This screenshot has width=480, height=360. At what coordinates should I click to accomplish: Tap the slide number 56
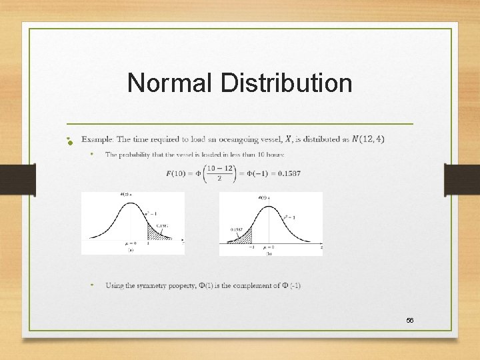click(410, 321)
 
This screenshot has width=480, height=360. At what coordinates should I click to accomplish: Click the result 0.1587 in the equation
click(287, 173)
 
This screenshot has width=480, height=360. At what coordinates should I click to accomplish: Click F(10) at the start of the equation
click(177, 173)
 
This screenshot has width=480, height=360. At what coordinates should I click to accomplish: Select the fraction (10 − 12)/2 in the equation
click(220, 173)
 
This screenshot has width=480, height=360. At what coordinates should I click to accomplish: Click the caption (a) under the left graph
click(129, 251)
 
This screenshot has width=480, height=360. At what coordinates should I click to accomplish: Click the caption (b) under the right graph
click(269, 253)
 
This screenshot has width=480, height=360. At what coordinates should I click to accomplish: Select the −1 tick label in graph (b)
click(252, 247)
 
